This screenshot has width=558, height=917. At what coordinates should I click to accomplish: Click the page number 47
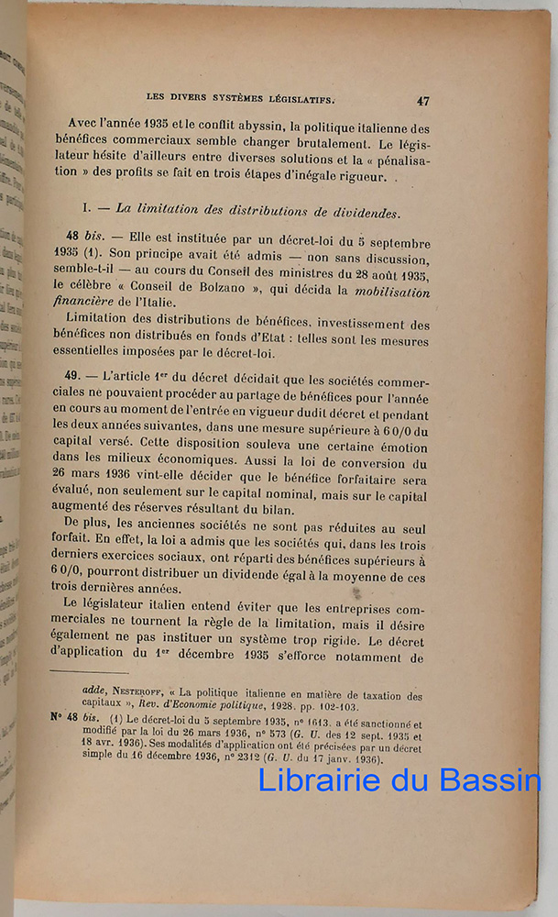tap(422, 101)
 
